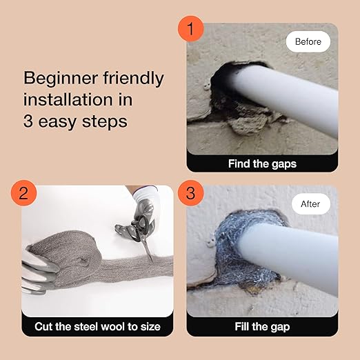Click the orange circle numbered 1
191,30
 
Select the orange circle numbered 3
191,192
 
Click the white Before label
308,41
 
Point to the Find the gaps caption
262,163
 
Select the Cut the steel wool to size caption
97,326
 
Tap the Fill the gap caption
262,326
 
